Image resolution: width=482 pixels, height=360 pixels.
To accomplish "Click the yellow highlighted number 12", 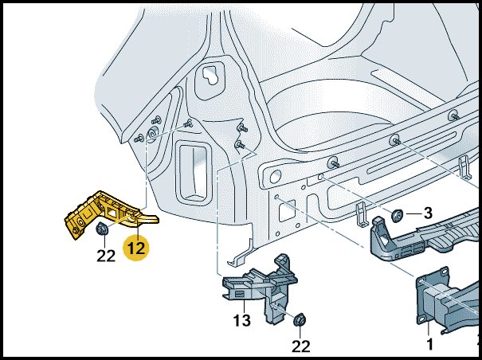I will click(136, 248).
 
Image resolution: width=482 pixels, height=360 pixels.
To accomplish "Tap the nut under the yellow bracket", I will click(101, 230).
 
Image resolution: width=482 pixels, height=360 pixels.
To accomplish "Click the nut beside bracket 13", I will click(300, 320).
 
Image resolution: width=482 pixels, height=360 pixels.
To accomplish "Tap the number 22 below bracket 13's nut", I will click(300, 346).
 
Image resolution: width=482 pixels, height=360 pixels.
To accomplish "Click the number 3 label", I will click(428, 213).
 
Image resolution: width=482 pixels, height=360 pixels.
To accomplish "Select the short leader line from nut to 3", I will click(412, 213).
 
